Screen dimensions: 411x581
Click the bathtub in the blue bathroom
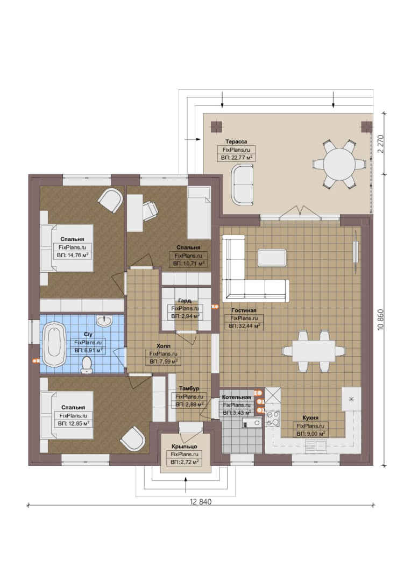tap(54, 345)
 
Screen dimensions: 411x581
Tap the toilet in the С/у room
tap(87, 365)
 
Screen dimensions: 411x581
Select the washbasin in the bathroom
tap(105, 321)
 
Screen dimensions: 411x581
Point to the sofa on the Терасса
tap(243, 184)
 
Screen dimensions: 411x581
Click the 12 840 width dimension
tap(201, 502)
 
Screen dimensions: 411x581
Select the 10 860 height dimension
tap(381, 320)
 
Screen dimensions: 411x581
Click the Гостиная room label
tap(244, 310)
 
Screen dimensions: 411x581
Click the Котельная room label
tap(237, 398)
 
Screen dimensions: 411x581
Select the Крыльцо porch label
tap(184, 447)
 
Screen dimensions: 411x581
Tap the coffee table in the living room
tap(272, 258)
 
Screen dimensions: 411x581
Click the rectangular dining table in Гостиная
tap(314, 351)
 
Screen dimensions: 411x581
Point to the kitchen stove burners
tap(273, 418)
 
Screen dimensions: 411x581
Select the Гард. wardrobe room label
tap(185, 301)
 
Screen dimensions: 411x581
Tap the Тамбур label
tap(189, 388)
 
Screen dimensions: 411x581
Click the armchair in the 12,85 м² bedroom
tap(132, 438)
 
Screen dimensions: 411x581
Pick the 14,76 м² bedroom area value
tap(73, 256)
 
